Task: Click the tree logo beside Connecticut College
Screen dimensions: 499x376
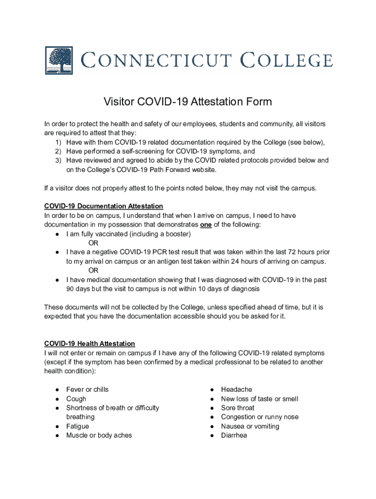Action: pyautogui.click(x=59, y=60)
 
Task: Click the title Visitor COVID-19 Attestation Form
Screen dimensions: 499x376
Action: pyautogui.click(x=188, y=102)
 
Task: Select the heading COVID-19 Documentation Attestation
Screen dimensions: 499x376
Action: pyautogui.click(x=104, y=206)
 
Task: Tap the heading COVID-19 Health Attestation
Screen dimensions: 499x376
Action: pyautogui.click(x=89, y=344)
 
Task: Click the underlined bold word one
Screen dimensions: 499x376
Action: pyautogui.click(x=206, y=225)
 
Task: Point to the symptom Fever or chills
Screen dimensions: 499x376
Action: pyautogui.click(x=87, y=389)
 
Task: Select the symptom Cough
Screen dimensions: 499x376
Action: pyautogui.click(x=76, y=399)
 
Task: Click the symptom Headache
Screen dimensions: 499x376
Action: pyautogui.click(x=236, y=389)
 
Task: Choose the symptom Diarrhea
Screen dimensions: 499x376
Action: pyautogui.click(x=234, y=435)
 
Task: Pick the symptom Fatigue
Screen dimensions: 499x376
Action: pyautogui.click(x=78, y=426)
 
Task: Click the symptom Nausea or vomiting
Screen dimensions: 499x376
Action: pyautogui.click(x=250, y=426)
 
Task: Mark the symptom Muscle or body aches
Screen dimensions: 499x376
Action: pyautogui.click(x=99, y=435)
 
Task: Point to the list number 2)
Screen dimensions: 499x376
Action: pyautogui.click(x=58, y=151)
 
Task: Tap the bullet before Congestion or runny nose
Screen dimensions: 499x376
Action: pyautogui.click(x=212, y=417)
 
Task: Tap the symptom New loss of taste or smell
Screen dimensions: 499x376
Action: pyautogui.click(x=259, y=399)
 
